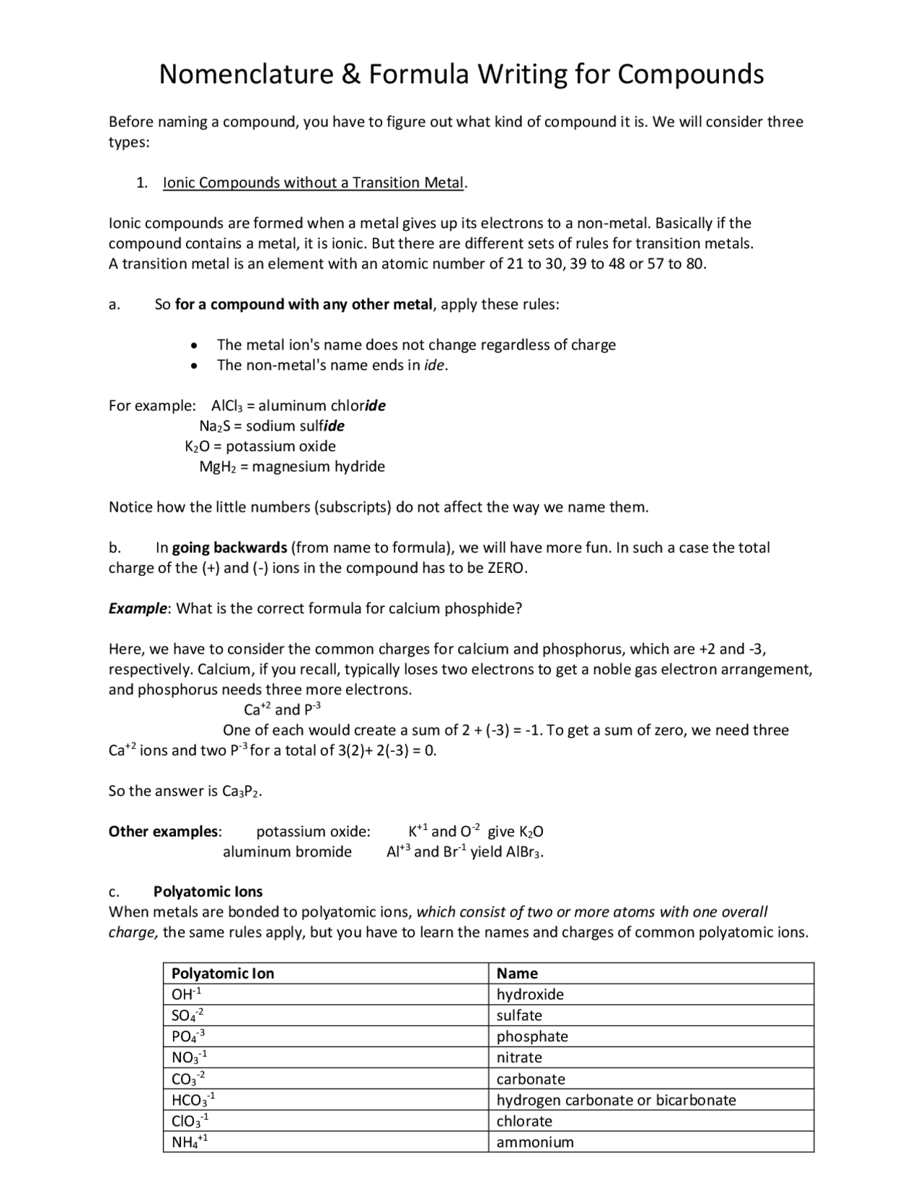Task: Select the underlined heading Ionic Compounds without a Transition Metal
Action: pyautogui.click(x=314, y=183)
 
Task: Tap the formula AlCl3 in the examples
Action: pyautogui.click(x=229, y=406)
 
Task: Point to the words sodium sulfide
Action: pyautogui.click(x=295, y=426)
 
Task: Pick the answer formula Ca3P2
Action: pyautogui.click(x=240, y=792)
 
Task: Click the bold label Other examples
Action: pyautogui.click(x=164, y=831)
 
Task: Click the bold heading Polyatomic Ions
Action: pyautogui.click(x=208, y=892)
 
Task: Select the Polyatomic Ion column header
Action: pyautogui.click(x=223, y=973)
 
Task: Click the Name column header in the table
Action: pyautogui.click(x=517, y=973)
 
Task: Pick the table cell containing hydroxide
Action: pyautogui.click(x=530, y=994)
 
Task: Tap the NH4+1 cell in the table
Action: pyautogui.click(x=190, y=1142)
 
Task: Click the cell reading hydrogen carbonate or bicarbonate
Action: pyautogui.click(x=616, y=1100)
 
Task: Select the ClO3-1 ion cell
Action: pyautogui.click(x=190, y=1121)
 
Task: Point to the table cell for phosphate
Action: pyautogui.click(x=532, y=1037)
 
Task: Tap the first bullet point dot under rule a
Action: pyautogui.click(x=193, y=346)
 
